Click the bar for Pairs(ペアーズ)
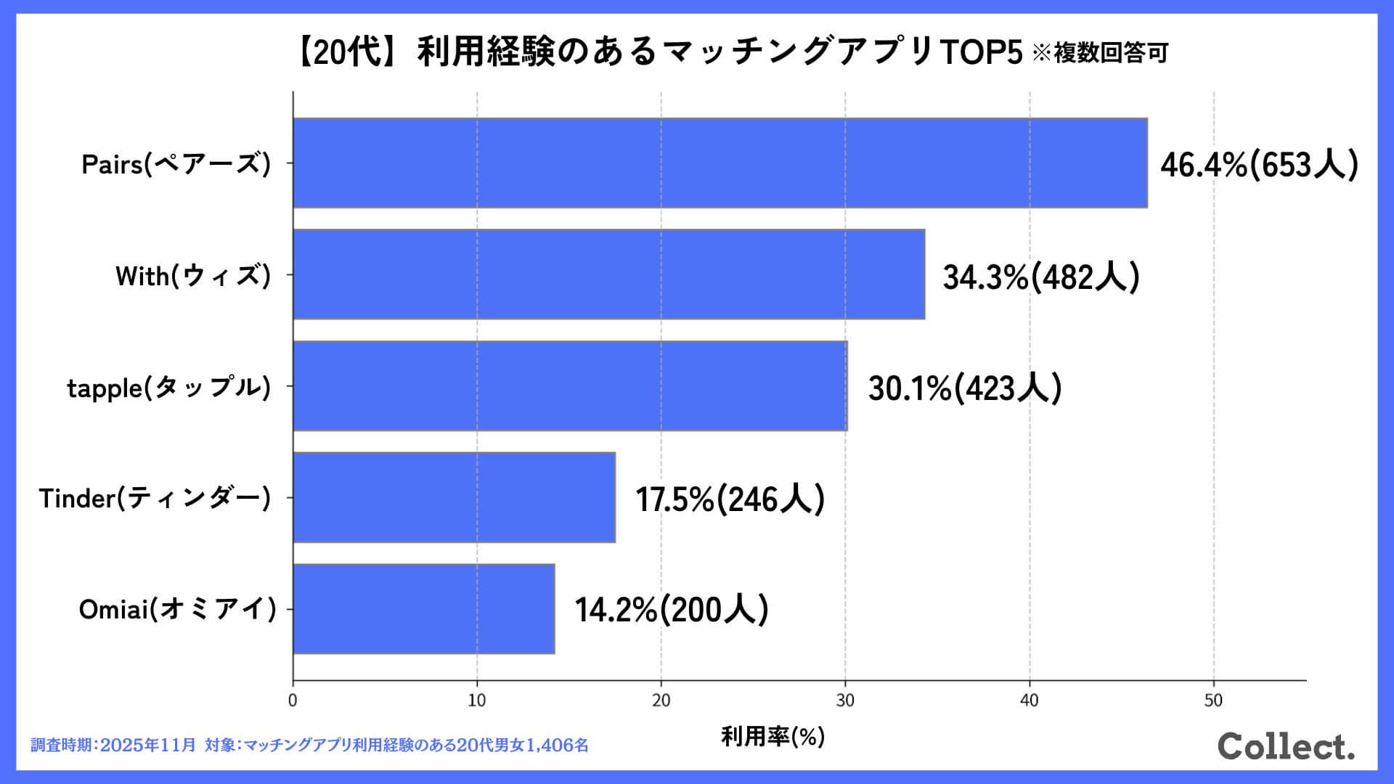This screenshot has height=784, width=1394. pyautogui.click(x=720, y=163)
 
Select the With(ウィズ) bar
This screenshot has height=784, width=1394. pyautogui.click(x=608, y=274)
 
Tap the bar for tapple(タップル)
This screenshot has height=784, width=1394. pyautogui.click(x=570, y=386)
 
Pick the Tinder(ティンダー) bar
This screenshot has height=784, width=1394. pyautogui.click(x=454, y=497)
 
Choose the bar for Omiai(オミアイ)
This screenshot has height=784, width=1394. pyautogui.click(x=423, y=609)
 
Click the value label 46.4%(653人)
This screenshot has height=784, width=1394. pyautogui.click(x=1259, y=165)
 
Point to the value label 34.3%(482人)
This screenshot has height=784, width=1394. pyautogui.click(x=1041, y=277)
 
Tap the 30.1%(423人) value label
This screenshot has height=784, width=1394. pyautogui.click(x=965, y=388)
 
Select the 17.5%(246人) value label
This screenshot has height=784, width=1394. pyautogui.click(x=730, y=499)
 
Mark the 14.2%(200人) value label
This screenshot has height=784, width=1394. pyautogui.click(x=672, y=610)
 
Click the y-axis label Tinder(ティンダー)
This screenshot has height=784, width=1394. pyautogui.click(x=155, y=498)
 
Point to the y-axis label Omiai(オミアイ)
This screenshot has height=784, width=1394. pyautogui.click(x=178, y=609)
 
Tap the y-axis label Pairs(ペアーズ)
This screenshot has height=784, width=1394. pyautogui.click(x=176, y=164)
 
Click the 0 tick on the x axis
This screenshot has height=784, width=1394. pyautogui.click(x=293, y=701)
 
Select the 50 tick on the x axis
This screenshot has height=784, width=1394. pyautogui.click(x=1213, y=701)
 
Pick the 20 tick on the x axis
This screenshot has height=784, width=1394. pyautogui.click(x=661, y=701)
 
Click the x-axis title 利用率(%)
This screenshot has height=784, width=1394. pyautogui.click(x=773, y=736)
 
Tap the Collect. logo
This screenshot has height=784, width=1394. pyautogui.click(x=1286, y=746)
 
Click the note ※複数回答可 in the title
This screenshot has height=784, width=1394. pyautogui.click(x=1100, y=53)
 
